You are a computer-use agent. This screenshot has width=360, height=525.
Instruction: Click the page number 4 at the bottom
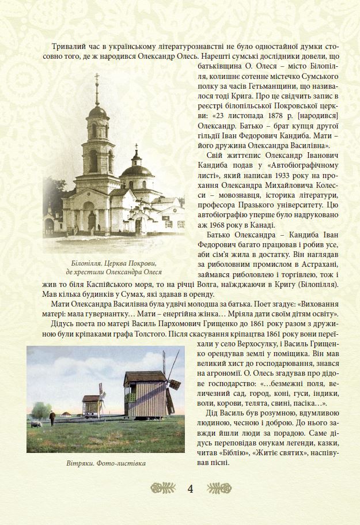click(x=190, y=489)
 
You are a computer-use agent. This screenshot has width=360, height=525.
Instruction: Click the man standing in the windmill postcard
click(x=51, y=418)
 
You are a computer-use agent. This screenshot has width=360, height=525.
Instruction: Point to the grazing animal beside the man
click(x=36, y=424)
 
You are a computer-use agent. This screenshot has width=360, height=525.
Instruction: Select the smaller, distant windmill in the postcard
click(x=92, y=404)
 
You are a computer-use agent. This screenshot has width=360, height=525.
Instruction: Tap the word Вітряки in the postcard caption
click(x=79, y=463)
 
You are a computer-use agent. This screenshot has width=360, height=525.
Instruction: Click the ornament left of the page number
click(x=162, y=489)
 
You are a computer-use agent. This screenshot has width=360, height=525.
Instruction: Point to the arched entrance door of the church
click(x=92, y=221)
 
